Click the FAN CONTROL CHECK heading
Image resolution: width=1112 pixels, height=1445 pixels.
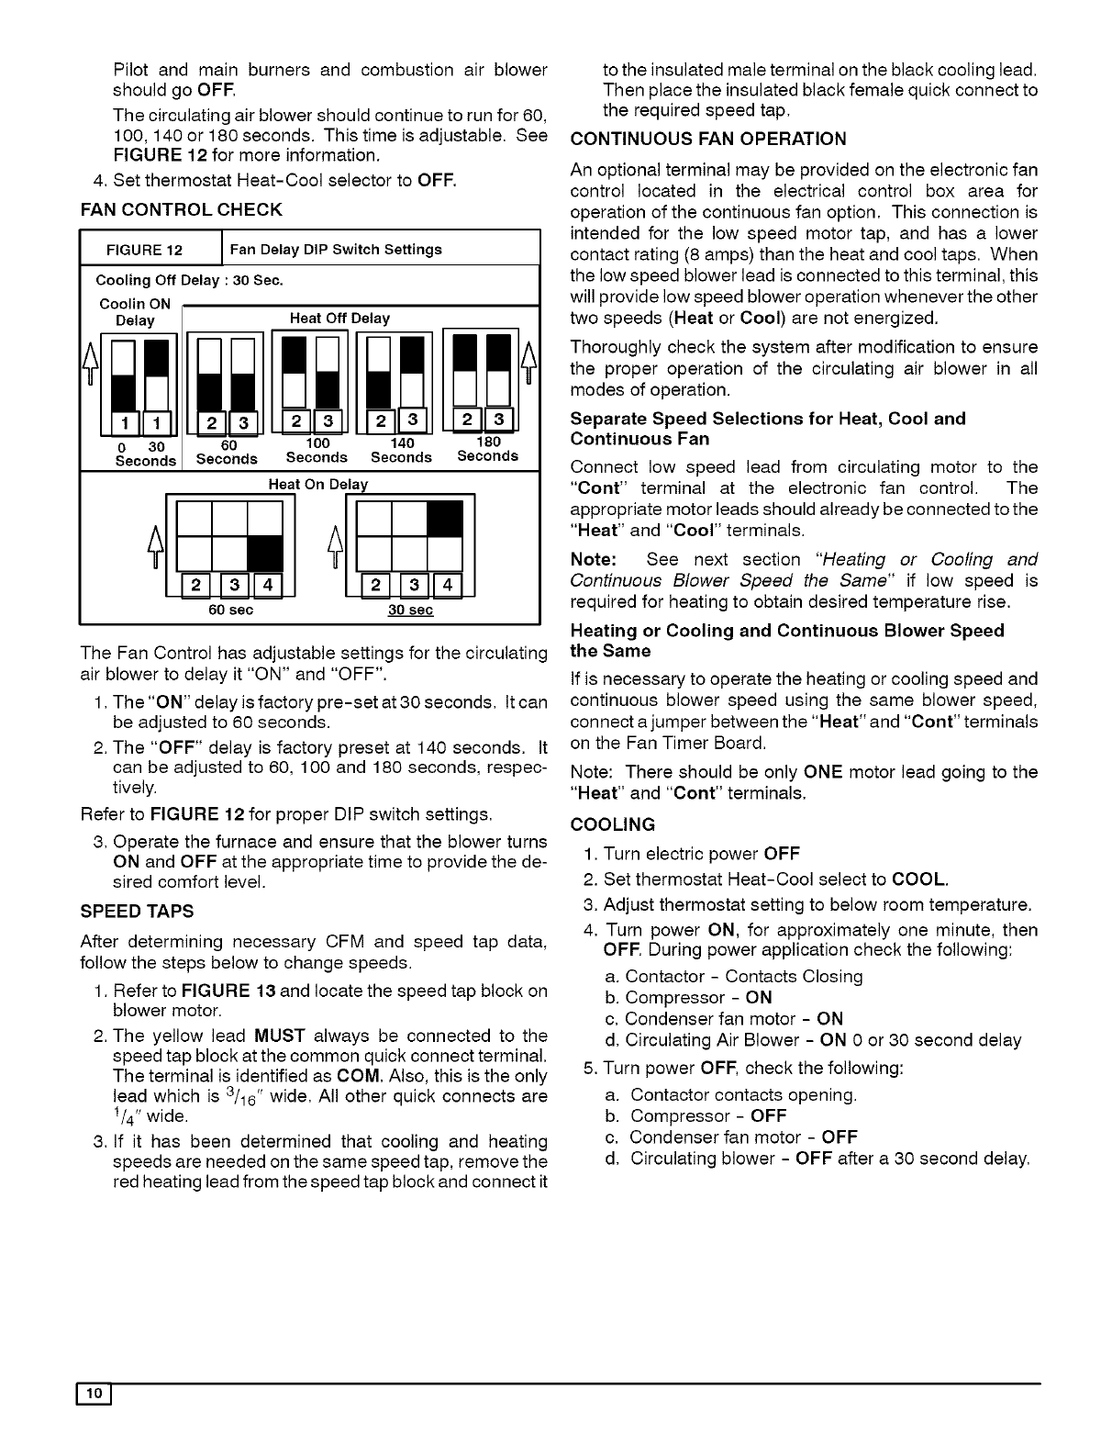tap(182, 209)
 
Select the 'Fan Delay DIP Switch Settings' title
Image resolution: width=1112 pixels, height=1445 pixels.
tap(336, 249)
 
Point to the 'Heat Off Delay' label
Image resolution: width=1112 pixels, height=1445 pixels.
tap(339, 319)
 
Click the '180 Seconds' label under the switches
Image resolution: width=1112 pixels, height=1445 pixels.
tap(487, 449)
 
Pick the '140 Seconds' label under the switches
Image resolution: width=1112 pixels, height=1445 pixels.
tap(401, 450)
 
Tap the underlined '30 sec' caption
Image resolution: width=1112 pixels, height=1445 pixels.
tap(410, 610)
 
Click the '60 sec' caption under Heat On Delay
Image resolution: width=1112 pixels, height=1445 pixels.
tap(231, 610)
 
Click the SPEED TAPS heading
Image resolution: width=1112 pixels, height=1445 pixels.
tap(137, 912)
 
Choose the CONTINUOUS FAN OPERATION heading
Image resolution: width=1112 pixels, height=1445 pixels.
tap(708, 140)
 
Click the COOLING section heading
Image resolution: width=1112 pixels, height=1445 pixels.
tap(612, 824)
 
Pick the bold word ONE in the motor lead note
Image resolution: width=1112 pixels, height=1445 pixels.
tap(822, 772)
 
